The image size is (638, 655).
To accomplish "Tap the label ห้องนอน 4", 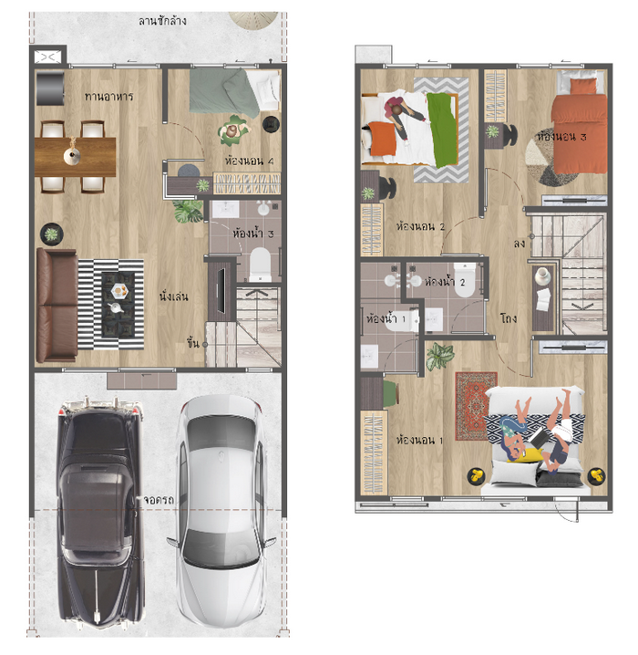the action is pos(250,161).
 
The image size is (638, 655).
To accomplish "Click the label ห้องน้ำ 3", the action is pos(252,233).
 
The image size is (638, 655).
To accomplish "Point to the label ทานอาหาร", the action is pos(108,97).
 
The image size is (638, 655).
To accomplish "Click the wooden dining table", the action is pos(75,157).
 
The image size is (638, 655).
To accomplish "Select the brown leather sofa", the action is pos(57,305).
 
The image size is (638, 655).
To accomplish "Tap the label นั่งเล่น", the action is pos(173,296).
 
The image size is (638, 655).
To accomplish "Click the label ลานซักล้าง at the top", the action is pos(162,20).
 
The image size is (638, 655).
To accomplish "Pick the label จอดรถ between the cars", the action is pos(159,500).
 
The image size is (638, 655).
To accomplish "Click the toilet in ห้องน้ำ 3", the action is pos(260,264).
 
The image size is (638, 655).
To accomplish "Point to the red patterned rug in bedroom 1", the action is pos(475,406).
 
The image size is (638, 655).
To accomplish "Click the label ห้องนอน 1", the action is pos(419,440).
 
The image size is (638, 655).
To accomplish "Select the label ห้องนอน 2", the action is pos(420,226).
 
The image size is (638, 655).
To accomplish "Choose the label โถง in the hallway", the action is pos(509,318).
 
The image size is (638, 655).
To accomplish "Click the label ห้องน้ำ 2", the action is pos(445,282).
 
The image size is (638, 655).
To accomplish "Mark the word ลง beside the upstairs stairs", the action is pos(520,244).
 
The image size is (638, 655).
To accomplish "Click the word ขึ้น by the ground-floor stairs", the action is pos(193,343).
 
